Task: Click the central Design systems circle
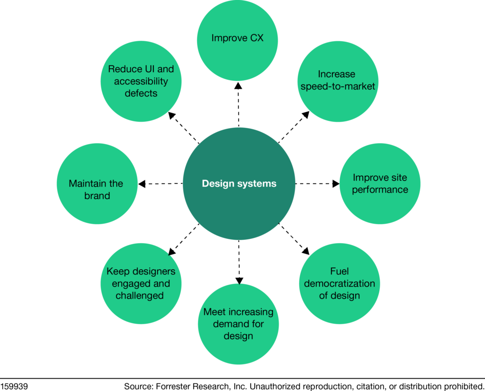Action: [239, 183]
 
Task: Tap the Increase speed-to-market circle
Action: [337, 80]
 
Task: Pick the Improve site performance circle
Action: [380, 183]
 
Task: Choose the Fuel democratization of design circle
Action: [339, 283]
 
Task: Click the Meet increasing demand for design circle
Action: [238, 324]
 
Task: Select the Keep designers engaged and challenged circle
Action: [141, 283]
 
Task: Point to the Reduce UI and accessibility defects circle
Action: [141, 81]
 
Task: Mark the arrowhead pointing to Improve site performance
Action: [336, 183]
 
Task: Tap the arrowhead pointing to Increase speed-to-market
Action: [306, 114]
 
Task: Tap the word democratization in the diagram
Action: [339, 283]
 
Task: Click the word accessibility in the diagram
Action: [141, 81]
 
